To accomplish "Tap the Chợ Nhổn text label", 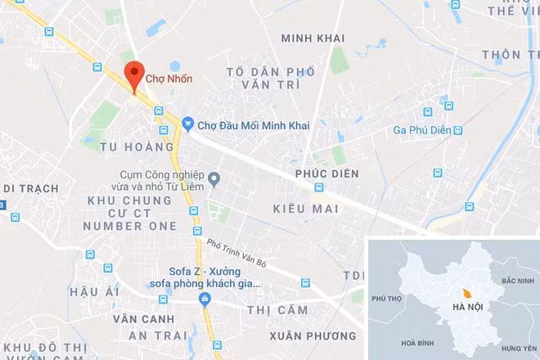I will tap(169, 80).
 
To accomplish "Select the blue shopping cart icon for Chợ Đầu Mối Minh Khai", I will tap(187, 124).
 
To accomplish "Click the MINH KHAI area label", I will tap(313, 38).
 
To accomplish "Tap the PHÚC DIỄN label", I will tap(326, 175).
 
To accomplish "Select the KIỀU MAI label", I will tap(304, 209).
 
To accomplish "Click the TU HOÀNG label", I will tap(137, 147).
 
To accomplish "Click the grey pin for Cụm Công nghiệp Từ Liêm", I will tap(214, 178).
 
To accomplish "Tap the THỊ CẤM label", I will tap(277, 310).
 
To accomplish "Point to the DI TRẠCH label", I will tap(30, 188).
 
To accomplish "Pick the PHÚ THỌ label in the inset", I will tap(388, 298).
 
